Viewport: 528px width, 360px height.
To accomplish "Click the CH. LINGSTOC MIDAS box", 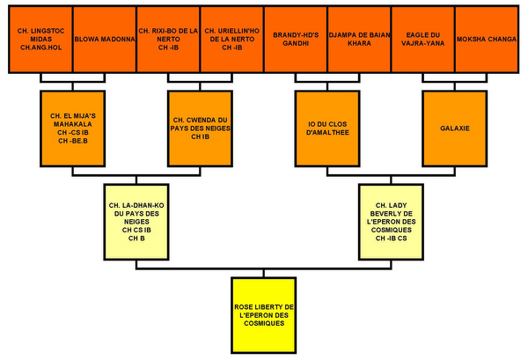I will pos(40,40).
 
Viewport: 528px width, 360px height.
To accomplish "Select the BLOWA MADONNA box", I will pos(104,40).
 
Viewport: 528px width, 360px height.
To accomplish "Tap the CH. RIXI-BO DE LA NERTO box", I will pos(168,40).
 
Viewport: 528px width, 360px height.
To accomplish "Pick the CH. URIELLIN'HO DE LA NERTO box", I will pos(231,40).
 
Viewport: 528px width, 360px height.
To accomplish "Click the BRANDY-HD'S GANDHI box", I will pos(295,40).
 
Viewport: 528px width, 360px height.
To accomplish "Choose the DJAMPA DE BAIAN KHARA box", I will pos(359,40).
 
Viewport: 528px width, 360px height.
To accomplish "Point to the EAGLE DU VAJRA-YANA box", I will pos(423,40).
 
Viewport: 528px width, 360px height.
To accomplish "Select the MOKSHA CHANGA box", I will pos(487,40).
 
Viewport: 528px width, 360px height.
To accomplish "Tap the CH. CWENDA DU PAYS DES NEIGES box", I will pos(200,127).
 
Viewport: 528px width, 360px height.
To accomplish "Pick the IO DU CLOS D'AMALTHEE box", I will pos(327,127).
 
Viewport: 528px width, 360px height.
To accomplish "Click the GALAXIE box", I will pos(454,127).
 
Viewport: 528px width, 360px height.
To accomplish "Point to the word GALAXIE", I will pos(454,128).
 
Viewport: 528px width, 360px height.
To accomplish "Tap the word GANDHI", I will pos(295,45).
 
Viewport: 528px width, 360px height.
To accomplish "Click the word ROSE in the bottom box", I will pos(246,305).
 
